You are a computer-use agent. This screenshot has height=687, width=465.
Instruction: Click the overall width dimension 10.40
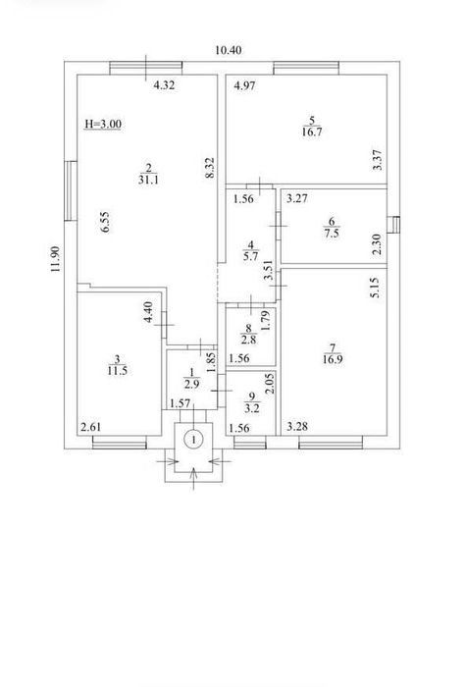tap(229, 50)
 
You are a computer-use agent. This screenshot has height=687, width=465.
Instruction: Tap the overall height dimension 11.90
tap(55, 259)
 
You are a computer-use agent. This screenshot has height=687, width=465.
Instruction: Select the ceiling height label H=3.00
tap(103, 125)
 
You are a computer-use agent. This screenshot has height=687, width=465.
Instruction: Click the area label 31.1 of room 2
tap(148, 180)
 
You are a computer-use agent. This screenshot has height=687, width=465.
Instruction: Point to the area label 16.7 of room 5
tap(312, 132)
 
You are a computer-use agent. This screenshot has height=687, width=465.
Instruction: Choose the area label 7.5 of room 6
tap(332, 234)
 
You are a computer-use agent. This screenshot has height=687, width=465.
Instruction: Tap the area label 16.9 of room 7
tap(333, 360)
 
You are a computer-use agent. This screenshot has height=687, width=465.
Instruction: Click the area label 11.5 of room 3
tap(118, 371)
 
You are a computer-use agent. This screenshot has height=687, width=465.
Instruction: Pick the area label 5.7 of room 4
tap(250, 256)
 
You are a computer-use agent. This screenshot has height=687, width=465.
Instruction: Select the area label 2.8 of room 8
tap(248, 340)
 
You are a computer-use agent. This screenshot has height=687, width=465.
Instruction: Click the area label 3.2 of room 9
tap(252, 408)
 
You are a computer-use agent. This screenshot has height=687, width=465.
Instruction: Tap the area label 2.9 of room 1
tap(191, 384)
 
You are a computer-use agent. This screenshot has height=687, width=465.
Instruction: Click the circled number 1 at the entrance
tap(193, 439)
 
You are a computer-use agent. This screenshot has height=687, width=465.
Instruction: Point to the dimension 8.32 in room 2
tap(210, 168)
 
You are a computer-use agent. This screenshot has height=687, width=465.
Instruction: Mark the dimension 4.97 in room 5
tap(244, 86)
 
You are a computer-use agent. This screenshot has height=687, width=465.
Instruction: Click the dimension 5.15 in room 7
tap(376, 288)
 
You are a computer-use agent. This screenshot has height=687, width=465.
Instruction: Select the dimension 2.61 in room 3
tap(90, 427)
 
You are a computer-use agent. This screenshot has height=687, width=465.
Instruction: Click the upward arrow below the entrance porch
tap(193, 479)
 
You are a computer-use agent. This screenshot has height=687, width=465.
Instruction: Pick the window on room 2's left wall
tap(71, 190)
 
